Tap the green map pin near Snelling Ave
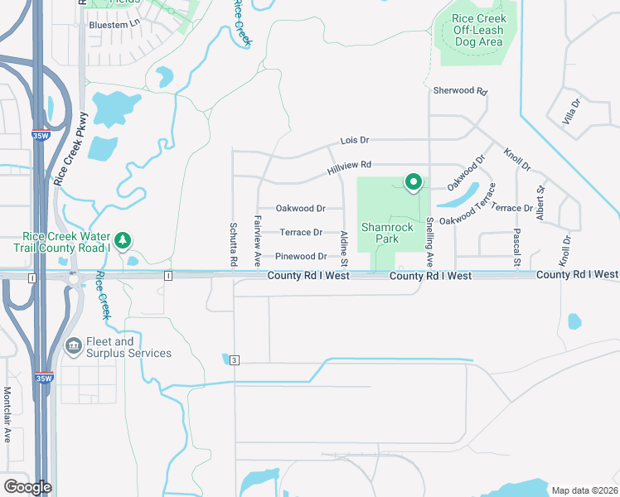click(x=413, y=181)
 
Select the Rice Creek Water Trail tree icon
click(x=123, y=240)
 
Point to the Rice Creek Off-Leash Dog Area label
click(x=477, y=30)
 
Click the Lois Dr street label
click(x=354, y=142)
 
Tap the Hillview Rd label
click(x=349, y=166)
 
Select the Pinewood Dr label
click(x=301, y=257)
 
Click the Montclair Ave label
click(x=7, y=414)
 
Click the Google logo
click(x=27, y=487)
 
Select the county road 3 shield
click(x=235, y=359)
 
